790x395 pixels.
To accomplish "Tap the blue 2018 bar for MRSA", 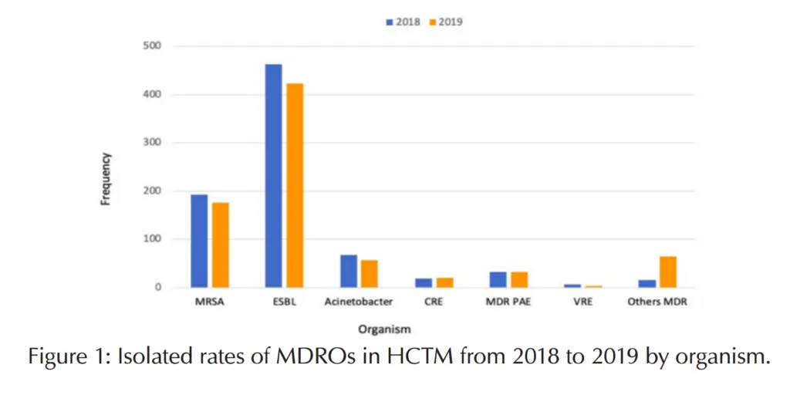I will tap(199, 241).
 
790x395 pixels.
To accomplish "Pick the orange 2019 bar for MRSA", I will tap(221, 245).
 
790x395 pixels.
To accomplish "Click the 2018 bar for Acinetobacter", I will tap(349, 271).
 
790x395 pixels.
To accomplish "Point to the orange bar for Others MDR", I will tap(668, 272).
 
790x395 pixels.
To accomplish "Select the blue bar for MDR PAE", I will tap(498, 279).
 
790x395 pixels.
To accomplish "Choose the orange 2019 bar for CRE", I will tap(445, 282).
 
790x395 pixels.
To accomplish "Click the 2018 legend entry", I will tap(403, 22).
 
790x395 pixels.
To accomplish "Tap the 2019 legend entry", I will tap(446, 22).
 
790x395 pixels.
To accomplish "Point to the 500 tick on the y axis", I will tap(151, 46).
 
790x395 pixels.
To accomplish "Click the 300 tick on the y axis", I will tap(151, 143).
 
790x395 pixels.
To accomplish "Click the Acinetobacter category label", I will tap(359, 302).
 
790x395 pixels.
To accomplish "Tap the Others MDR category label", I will tap(657, 302).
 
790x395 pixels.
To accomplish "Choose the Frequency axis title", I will tap(106, 178).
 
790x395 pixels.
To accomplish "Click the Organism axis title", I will tap(383, 329).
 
